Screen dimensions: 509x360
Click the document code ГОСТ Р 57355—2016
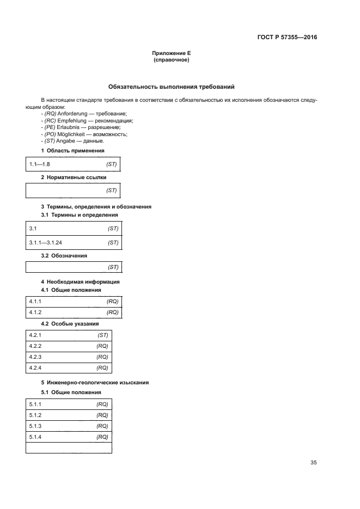(287, 38)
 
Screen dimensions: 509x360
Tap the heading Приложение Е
(172, 53)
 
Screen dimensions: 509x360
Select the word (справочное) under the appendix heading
(172, 60)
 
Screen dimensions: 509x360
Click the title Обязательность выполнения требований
(172, 87)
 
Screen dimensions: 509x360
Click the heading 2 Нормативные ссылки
(74, 177)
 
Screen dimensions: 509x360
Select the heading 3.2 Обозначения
(64, 255)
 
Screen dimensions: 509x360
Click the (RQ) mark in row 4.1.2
(113, 312)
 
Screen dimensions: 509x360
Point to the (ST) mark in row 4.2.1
(103, 335)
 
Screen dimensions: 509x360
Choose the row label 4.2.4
(35, 369)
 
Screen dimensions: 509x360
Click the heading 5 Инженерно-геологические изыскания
(95, 382)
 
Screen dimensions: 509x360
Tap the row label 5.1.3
(35, 426)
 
